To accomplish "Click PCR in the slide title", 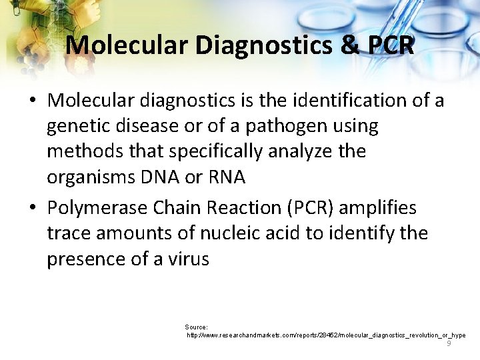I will click(x=390, y=45).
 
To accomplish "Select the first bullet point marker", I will click(x=33, y=101).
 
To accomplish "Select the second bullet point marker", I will click(x=33, y=209).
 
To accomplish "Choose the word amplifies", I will click(x=378, y=208).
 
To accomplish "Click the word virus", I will click(x=189, y=259).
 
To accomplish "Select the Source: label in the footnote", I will click(x=197, y=327).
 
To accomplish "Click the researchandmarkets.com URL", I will click(x=326, y=335).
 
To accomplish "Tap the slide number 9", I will click(x=449, y=343).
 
